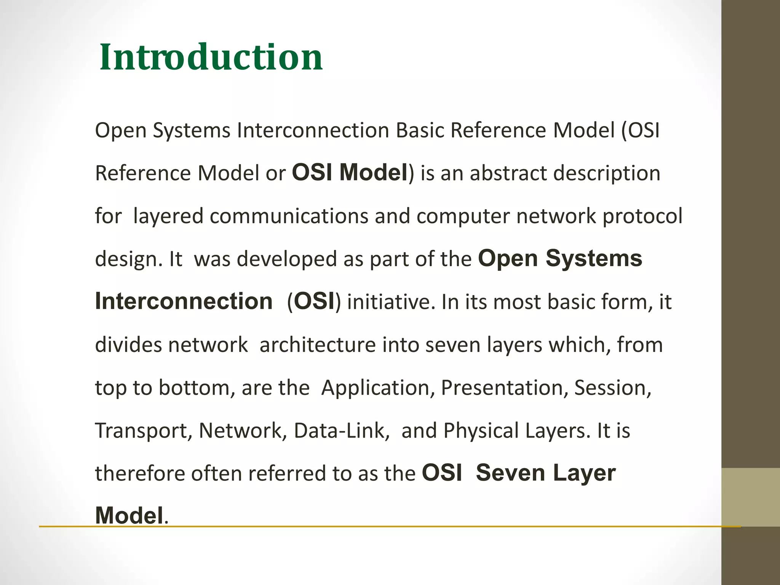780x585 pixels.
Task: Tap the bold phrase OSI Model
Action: point(350,172)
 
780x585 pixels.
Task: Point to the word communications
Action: point(289,216)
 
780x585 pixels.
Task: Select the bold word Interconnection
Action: point(184,301)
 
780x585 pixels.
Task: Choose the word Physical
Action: point(481,431)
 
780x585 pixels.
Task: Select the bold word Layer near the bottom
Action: point(584,473)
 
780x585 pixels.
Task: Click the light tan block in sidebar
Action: point(750,497)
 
